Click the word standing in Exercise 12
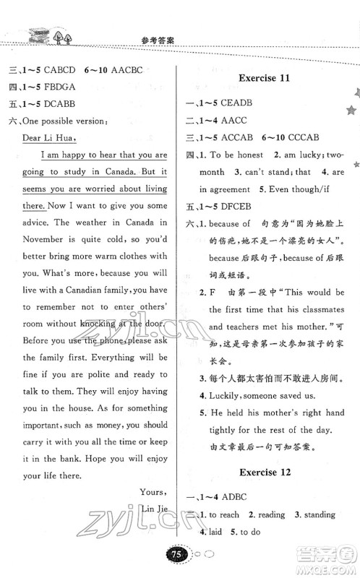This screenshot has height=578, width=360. (x=317, y=535)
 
